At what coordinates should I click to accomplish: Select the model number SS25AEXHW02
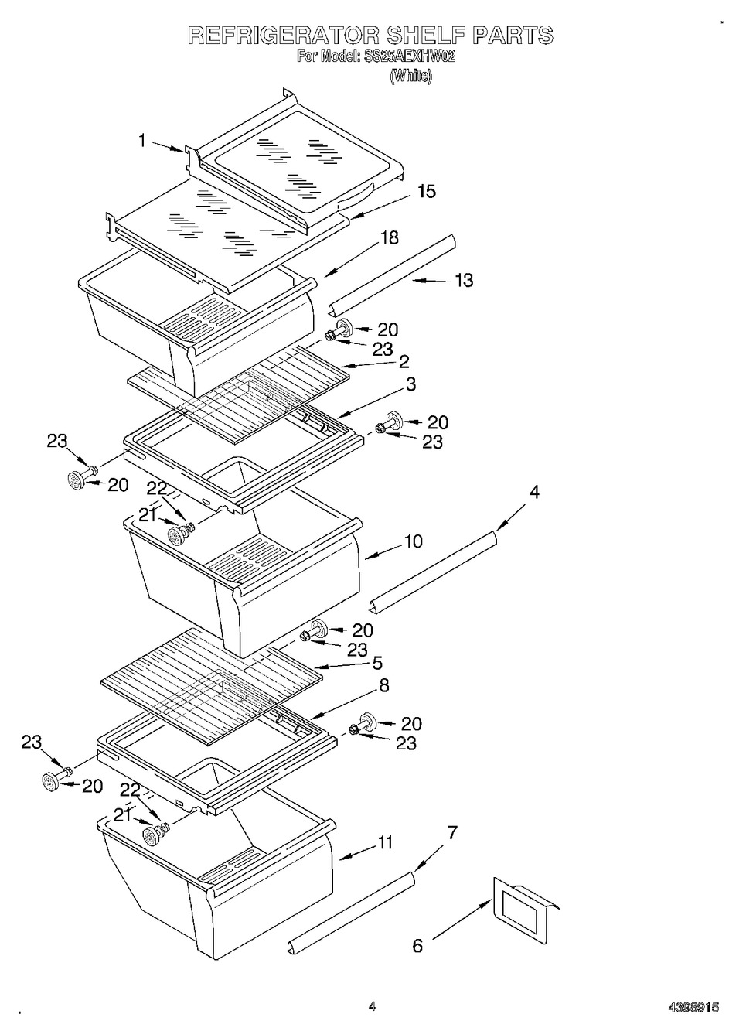point(409,56)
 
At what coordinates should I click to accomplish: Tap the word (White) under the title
point(410,76)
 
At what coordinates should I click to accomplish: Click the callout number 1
point(142,141)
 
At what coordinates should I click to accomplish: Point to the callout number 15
point(427,191)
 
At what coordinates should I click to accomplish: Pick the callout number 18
point(389,238)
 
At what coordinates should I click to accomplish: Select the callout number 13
point(463,280)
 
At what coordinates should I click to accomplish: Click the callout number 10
point(414,541)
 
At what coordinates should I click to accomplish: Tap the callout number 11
point(384,842)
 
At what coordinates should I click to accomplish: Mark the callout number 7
point(452,832)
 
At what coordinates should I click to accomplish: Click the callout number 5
point(377,664)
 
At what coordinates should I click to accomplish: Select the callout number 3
point(410,384)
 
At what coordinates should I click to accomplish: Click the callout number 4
point(533,492)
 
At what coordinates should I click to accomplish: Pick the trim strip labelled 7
point(350,913)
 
